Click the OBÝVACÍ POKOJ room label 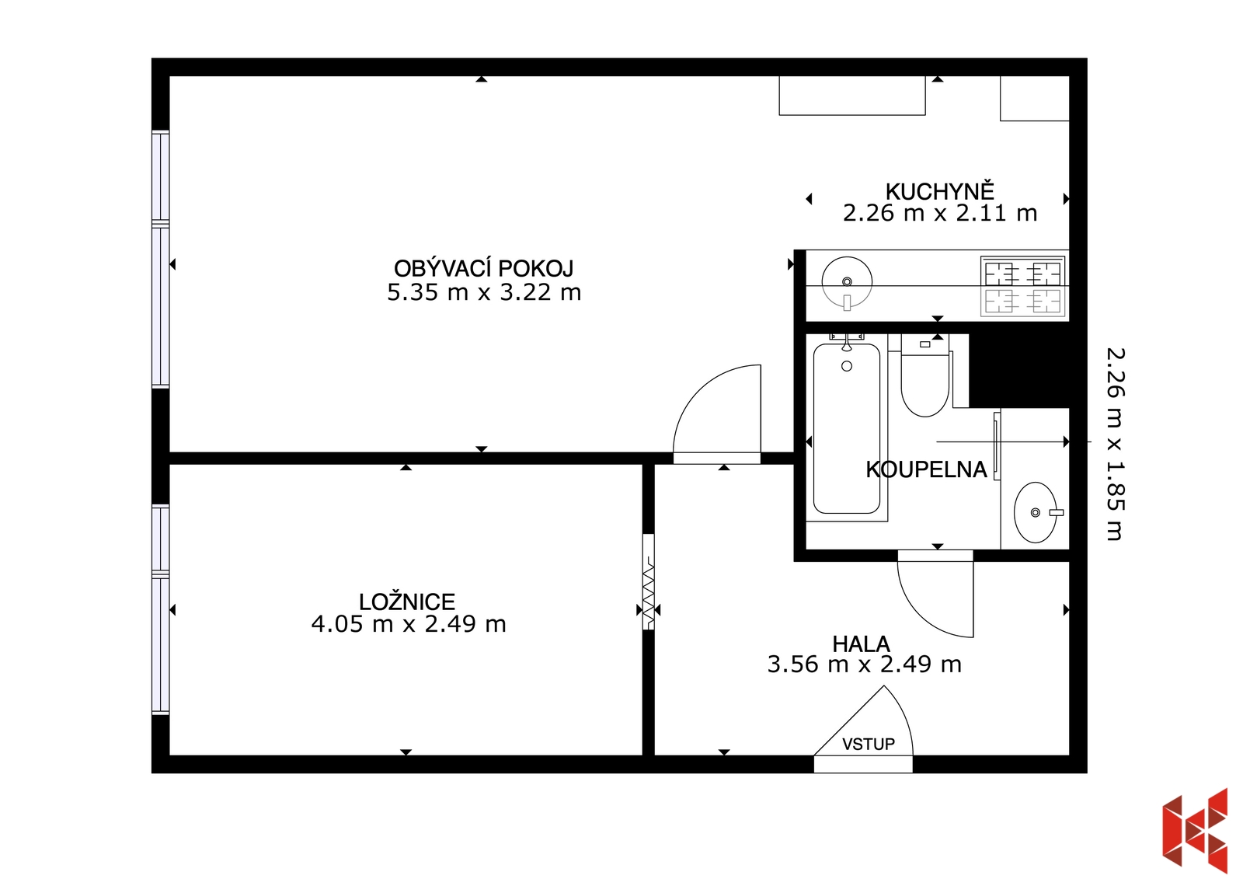click(483, 269)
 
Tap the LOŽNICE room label click(407, 602)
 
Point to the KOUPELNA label click(926, 469)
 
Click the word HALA click(862, 644)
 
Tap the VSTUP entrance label click(869, 744)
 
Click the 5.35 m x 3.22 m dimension click(484, 293)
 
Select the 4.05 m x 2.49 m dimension click(409, 625)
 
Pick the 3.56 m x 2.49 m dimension click(864, 664)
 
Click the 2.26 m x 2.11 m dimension click(940, 213)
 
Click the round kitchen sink click(847, 282)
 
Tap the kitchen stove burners click(1022, 287)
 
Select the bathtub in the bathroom click(847, 428)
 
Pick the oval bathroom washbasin click(1036, 512)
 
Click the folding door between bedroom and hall click(648, 582)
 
